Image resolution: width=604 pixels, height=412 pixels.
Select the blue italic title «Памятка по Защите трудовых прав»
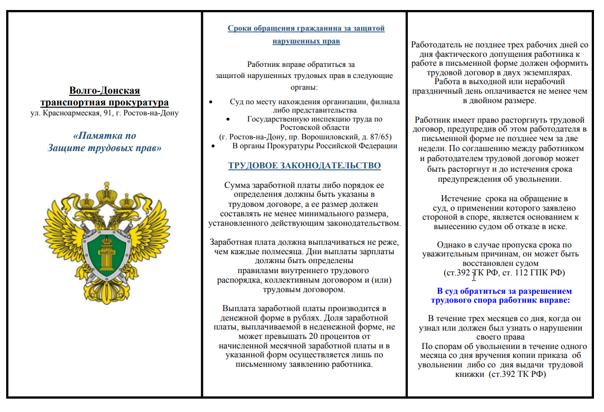(x=104, y=142)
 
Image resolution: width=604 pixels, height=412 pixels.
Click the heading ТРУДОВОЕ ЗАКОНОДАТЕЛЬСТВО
(x=304, y=166)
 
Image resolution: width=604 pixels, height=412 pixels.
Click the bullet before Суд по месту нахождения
(x=210, y=102)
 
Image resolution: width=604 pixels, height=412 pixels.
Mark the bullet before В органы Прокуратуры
(x=213, y=146)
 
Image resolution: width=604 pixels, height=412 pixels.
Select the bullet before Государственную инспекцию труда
(x=228, y=119)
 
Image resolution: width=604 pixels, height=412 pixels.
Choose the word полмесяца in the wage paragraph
(x=263, y=251)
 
